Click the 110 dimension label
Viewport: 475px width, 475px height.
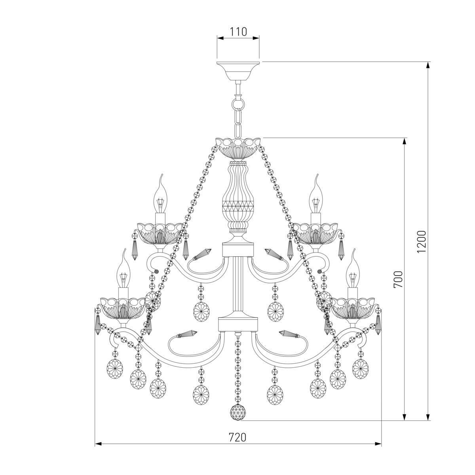238,32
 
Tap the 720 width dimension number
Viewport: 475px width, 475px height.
237,437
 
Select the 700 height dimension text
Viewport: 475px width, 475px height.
398,279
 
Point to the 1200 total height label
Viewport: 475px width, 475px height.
422,241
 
